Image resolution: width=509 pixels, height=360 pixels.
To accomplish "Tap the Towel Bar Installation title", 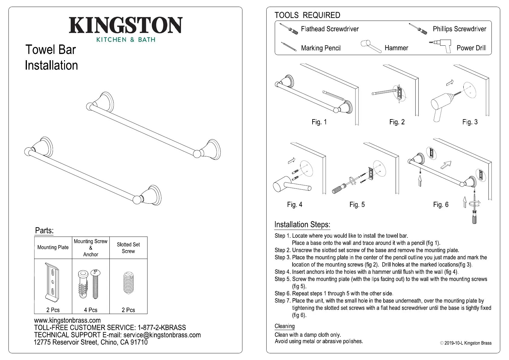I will coord(51,57).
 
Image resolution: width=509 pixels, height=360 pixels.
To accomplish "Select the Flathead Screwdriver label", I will coord(330,29).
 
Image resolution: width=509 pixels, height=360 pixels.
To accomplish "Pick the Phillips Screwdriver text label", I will coord(459,29).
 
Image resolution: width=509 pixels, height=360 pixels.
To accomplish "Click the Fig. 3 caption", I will coord(470,122).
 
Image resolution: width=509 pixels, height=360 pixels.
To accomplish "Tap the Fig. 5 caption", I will coord(357,205).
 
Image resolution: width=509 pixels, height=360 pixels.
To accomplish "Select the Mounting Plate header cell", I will coord(53,247).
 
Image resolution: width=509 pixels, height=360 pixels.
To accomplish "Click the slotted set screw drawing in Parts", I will coord(128,283).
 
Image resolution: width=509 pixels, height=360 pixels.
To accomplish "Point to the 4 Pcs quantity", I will coord(91,310).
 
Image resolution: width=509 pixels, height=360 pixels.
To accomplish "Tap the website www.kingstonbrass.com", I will coord(67,320).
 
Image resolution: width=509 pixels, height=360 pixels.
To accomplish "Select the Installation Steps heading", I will coord(302,225).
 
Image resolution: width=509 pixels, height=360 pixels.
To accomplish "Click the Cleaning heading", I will coord(284,326).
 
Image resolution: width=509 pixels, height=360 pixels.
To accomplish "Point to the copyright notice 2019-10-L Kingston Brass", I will coord(465,343).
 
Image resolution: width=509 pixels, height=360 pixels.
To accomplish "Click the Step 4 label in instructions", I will coord(282,272).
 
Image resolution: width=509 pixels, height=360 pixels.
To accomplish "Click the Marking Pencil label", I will coord(321,48).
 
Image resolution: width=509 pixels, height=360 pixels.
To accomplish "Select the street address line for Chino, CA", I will coord(91,342).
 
